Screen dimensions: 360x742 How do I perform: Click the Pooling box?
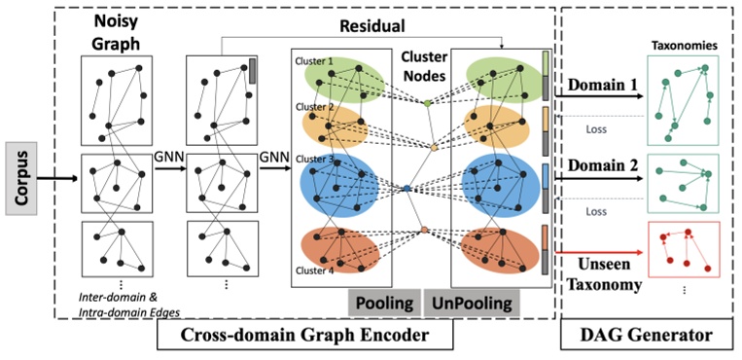coord(382,302)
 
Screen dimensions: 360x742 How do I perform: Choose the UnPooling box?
coord(470,302)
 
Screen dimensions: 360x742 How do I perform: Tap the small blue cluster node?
coord(407,188)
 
